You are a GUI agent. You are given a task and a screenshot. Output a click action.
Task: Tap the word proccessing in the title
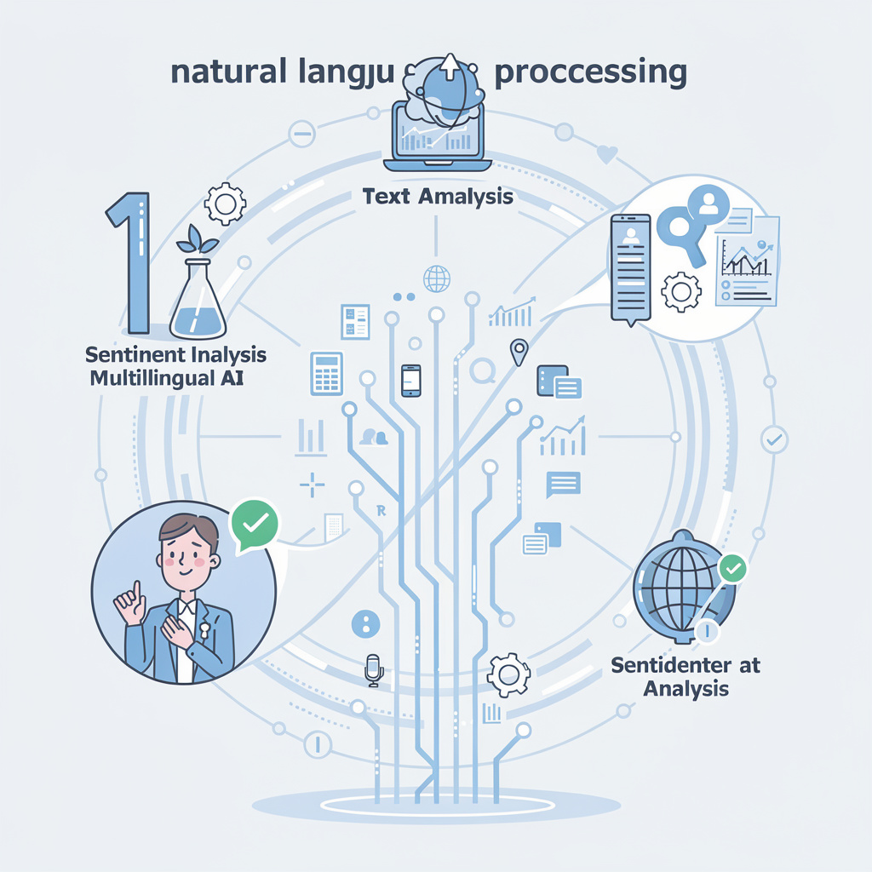coord(589,72)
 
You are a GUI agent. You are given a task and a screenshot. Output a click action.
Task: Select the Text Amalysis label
coord(438,197)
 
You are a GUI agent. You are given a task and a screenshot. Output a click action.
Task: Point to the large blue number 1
coord(132,263)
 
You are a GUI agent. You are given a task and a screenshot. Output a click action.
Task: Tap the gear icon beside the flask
coord(227,204)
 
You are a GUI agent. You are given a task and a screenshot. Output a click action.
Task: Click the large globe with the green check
coord(681,588)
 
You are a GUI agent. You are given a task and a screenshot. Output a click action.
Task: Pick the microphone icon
coord(373,669)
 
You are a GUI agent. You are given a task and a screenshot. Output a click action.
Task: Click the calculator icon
coord(327,373)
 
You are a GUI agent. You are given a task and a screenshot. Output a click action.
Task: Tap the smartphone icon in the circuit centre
coord(411,380)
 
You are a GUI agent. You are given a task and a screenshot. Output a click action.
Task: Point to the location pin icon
coord(517,351)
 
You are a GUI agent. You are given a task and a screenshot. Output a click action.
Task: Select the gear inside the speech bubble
coord(681,292)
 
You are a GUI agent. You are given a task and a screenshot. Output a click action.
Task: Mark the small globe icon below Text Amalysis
coord(435,276)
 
